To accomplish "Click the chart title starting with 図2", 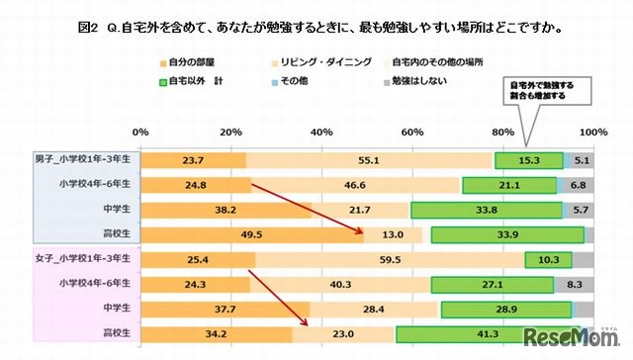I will tap(316, 28).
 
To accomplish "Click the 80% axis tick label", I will tap(502, 132).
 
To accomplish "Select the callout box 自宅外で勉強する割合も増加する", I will tap(542, 92).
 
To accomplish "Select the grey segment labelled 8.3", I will tap(574, 285).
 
